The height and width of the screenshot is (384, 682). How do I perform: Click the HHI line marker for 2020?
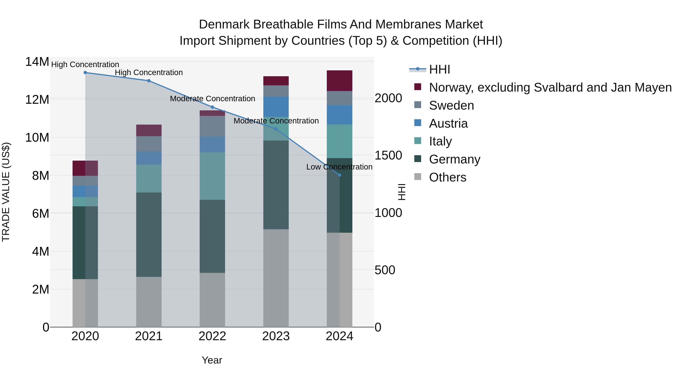(85, 73)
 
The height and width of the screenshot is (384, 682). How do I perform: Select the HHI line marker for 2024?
(340, 175)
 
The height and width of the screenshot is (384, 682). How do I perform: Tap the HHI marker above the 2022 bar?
(212, 107)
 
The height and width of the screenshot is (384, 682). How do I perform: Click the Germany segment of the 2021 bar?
(149, 235)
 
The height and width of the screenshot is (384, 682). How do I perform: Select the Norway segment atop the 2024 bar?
(340, 81)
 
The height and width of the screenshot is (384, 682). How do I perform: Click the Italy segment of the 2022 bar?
(212, 176)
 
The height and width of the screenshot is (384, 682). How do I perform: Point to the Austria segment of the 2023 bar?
(276, 107)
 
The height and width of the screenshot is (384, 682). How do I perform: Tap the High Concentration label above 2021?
(149, 72)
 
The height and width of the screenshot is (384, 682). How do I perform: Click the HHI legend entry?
(440, 69)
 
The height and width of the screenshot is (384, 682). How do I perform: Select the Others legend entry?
(447, 177)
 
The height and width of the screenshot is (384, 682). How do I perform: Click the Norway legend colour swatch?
(418, 87)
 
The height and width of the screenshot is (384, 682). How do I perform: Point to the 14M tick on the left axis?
(37, 62)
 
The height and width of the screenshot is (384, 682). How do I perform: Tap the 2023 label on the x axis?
(276, 336)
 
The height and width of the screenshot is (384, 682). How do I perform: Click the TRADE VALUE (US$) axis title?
(6, 192)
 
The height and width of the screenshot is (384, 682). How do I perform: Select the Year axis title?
(212, 360)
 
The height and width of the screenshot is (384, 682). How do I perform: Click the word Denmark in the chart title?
(224, 24)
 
